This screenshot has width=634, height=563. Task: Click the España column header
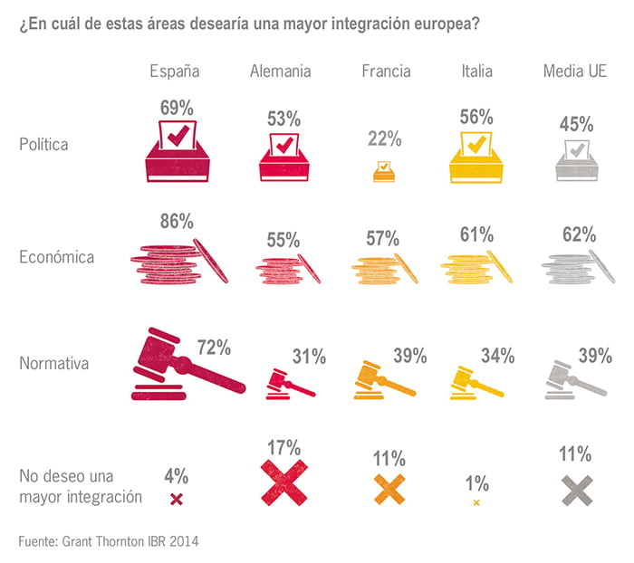(x=175, y=71)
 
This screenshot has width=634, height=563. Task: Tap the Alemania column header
(x=281, y=71)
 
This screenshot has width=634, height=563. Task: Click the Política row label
(x=44, y=144)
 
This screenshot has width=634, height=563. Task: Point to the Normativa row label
(x=53, y=364)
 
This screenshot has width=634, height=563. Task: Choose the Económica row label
(x=56, y=257)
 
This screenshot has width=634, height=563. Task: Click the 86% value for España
(x=177, y=220)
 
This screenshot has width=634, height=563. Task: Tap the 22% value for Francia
(x=384, y=138)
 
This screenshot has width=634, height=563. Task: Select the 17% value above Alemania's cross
(x=284, y=446)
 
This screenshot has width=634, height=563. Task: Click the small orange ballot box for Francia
(x=384, y=170)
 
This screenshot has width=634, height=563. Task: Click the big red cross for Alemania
(x=284, y=482)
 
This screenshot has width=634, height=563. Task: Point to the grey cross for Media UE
(x=576, y=489)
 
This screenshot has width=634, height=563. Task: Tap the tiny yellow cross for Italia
(x=476, y=502)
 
